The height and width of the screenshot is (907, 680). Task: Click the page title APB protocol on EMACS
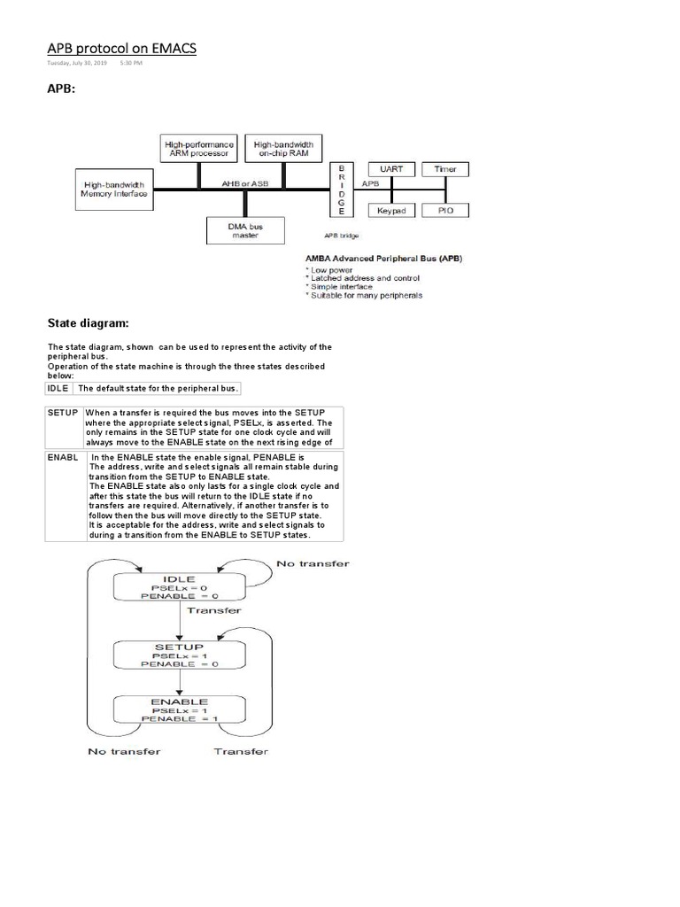[x=121, y=48]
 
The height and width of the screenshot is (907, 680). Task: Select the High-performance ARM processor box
[x=199, y=148]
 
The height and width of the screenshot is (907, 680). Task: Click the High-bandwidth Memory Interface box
[x=112, y=190]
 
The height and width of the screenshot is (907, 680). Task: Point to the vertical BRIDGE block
[x=341, y=189]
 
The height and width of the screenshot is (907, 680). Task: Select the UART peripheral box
[x=390, y=168]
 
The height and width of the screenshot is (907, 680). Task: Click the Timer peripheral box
[x=445, y=168]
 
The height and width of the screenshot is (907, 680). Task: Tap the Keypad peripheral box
[x=390, y=211]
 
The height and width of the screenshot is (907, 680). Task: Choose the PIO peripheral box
[x=445, y=211]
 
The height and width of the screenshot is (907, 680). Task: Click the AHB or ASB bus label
[x=244, y=182]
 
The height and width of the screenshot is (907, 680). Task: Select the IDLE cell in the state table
[x=58, y=388]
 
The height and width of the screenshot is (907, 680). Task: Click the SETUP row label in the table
[x=63, y=414]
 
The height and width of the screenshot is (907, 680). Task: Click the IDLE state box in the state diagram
[x=180, y=586]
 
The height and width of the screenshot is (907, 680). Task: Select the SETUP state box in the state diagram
[x=180, y=655]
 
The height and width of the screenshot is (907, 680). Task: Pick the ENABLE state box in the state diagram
[x=180, y=709]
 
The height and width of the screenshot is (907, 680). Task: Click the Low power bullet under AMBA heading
[x=333, y=267]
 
